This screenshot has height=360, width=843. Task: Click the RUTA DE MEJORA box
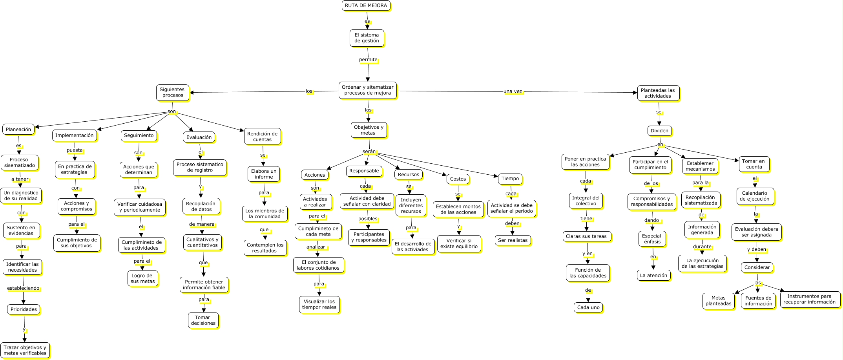pos(366,5)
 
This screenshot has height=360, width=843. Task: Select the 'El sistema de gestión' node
pos(367,38)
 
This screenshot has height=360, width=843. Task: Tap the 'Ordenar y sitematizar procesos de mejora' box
pos(367,90)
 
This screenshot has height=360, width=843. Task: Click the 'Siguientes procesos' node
pos(172,92)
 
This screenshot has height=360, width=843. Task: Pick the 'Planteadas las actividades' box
pos(658,93)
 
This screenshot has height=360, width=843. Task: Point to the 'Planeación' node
pos(18,129)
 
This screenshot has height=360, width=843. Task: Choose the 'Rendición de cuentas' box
pos(262,136)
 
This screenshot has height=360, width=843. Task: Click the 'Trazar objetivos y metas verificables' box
pos(25,350)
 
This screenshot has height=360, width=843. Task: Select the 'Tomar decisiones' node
pos(203,320)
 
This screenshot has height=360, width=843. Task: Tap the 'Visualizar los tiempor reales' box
pos(319,304)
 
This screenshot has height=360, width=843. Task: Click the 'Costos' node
pos(458,179)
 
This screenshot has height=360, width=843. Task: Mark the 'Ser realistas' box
pos(513,240)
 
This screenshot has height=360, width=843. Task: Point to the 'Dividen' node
pos(659,131)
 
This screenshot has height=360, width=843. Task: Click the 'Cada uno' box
pos(588,307)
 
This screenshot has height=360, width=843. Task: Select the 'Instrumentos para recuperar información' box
pos(809,299)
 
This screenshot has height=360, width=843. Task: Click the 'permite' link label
pos(368,60)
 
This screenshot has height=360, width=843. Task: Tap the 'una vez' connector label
pos(513,91)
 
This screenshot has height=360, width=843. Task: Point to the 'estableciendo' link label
pos(23,288)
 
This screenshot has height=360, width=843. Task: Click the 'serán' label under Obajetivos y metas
pos(369,152)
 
